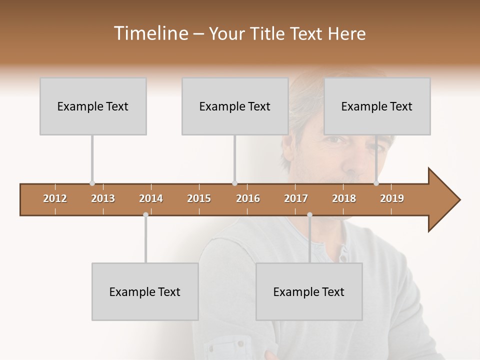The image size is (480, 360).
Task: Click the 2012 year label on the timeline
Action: [55, 198]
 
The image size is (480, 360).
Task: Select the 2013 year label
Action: [103, 198]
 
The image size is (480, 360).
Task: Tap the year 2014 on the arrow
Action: [151, 198]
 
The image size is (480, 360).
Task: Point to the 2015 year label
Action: [199, 198]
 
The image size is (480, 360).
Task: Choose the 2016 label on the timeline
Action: [248, 198]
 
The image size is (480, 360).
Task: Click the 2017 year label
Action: [296, 198]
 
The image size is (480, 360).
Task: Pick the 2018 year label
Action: [344, 198]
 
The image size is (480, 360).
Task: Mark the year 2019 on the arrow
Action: [392, 198]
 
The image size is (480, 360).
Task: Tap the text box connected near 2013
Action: [93, 106]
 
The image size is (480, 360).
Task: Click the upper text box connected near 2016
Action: [235, 106]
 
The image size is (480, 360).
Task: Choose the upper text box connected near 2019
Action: [377, 106]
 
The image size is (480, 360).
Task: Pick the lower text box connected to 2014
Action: [145, 291]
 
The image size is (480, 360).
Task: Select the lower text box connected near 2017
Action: [309, 291]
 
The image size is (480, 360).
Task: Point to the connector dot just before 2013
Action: [92, 183]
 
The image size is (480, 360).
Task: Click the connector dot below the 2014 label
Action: [145, 215]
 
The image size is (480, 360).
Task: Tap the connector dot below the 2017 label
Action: [309, 215]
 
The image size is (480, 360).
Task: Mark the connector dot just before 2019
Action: [376, 183]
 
